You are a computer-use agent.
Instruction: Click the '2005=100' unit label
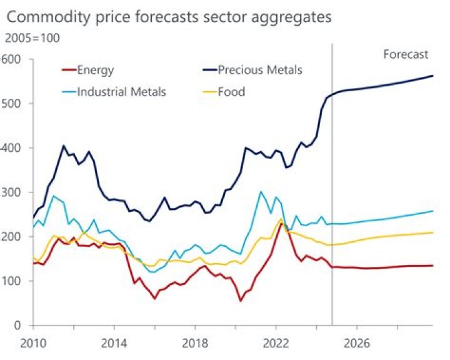pyautogui.click(x=32, y=38)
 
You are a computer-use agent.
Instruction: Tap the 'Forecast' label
pyautogui.click(x=406, y=54)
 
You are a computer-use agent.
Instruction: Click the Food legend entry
pyautogui.click(x=231, y=92)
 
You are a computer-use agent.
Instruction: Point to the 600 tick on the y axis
pyautogui.click(x=11, y=59)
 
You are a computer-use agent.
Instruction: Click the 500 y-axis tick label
pyautogui.click(x=11, y=104)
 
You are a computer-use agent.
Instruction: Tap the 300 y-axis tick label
pyautogui.click(x=11, y=192)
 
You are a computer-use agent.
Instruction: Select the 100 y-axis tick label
pyautogui.click(x=11, y=281)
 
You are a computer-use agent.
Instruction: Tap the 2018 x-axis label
pyautogui.click(x=194, y=343)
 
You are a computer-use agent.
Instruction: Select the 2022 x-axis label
pyautogui.click(x=275, y=343)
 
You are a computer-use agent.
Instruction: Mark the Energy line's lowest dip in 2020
pyautogui.click(x=241, y=301)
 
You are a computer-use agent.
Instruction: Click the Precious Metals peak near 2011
pyautogui.click(x=64, y=146)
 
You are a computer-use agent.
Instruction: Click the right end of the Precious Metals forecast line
pyautogui.click(x=433, y=76)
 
